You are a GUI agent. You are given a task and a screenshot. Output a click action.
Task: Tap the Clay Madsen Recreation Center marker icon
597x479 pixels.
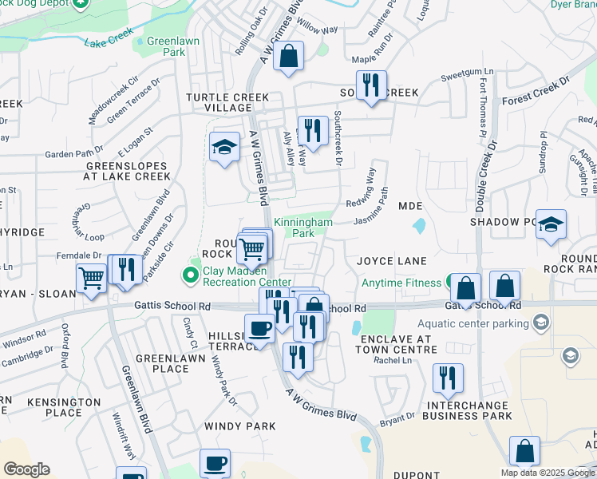(x=191, y=276)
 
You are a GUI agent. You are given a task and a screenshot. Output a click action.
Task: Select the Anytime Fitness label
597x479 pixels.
(x=401, y=283)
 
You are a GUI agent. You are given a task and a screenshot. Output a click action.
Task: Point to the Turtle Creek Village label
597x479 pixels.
(x=217, y=102)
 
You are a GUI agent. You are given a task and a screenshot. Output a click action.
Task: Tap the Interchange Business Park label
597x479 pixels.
(x=467, y=410)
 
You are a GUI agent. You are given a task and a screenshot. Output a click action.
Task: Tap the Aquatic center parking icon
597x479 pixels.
(x=542, y=323)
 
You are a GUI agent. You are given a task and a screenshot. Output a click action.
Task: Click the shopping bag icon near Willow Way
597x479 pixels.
(x=290, y=57)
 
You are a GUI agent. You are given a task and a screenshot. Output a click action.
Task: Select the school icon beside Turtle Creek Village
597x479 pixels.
(x=225, y=147)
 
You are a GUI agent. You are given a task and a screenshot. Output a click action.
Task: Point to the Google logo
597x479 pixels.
(x=26, y=469)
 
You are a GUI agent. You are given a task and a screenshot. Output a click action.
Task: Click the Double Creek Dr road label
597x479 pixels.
(x=484, y=168)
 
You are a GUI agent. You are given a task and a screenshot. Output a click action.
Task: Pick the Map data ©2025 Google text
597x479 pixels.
(x=548, y=473)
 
